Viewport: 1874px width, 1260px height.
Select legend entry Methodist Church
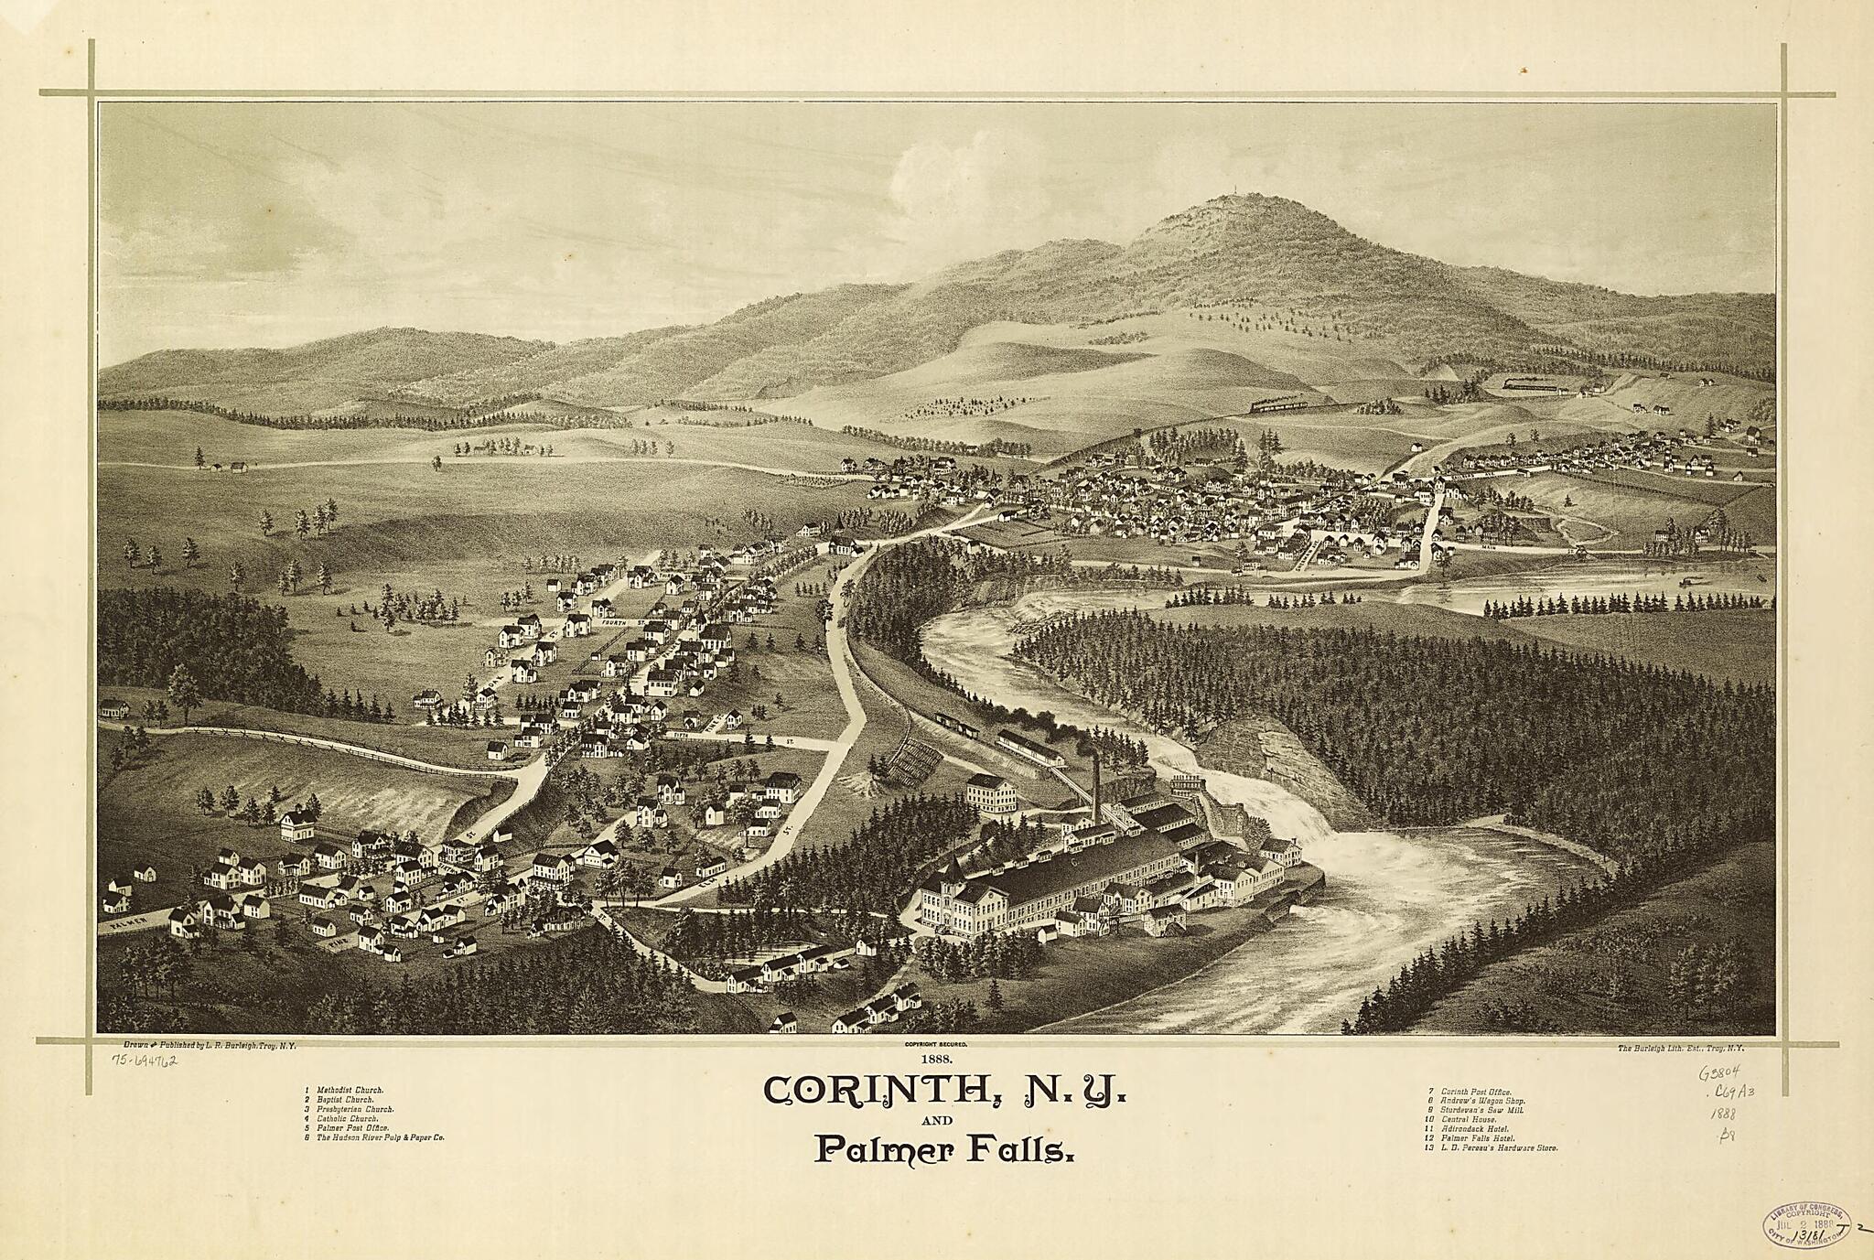(350, 1091)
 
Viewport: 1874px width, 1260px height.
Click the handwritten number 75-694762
(144, 1061)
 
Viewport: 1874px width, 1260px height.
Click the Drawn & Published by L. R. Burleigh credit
(210, 1044)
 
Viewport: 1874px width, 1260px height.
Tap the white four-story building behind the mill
(990, 792)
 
